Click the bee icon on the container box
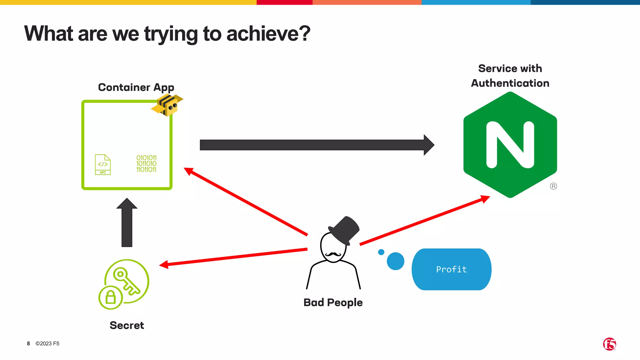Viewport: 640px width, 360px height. pos(167,105)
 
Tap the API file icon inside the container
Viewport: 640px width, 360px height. pos(103,165)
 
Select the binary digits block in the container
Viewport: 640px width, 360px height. pos(146,164)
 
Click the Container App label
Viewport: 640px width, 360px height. pos(136,87)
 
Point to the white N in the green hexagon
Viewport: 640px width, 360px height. pos(510,145)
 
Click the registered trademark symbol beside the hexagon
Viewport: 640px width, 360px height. pos(553,186)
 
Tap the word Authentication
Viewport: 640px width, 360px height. pos(510,83)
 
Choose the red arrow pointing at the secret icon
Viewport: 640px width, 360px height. pos(233,257)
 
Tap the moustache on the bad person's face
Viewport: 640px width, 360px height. pos(333,254)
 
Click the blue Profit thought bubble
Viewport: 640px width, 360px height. pos(451,269)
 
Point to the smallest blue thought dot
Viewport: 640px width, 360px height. pos(381,252)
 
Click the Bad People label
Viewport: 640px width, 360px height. pos(333,302)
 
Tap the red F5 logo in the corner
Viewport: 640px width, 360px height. pos(609,344)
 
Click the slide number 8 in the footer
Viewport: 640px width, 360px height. pos(28,344)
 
